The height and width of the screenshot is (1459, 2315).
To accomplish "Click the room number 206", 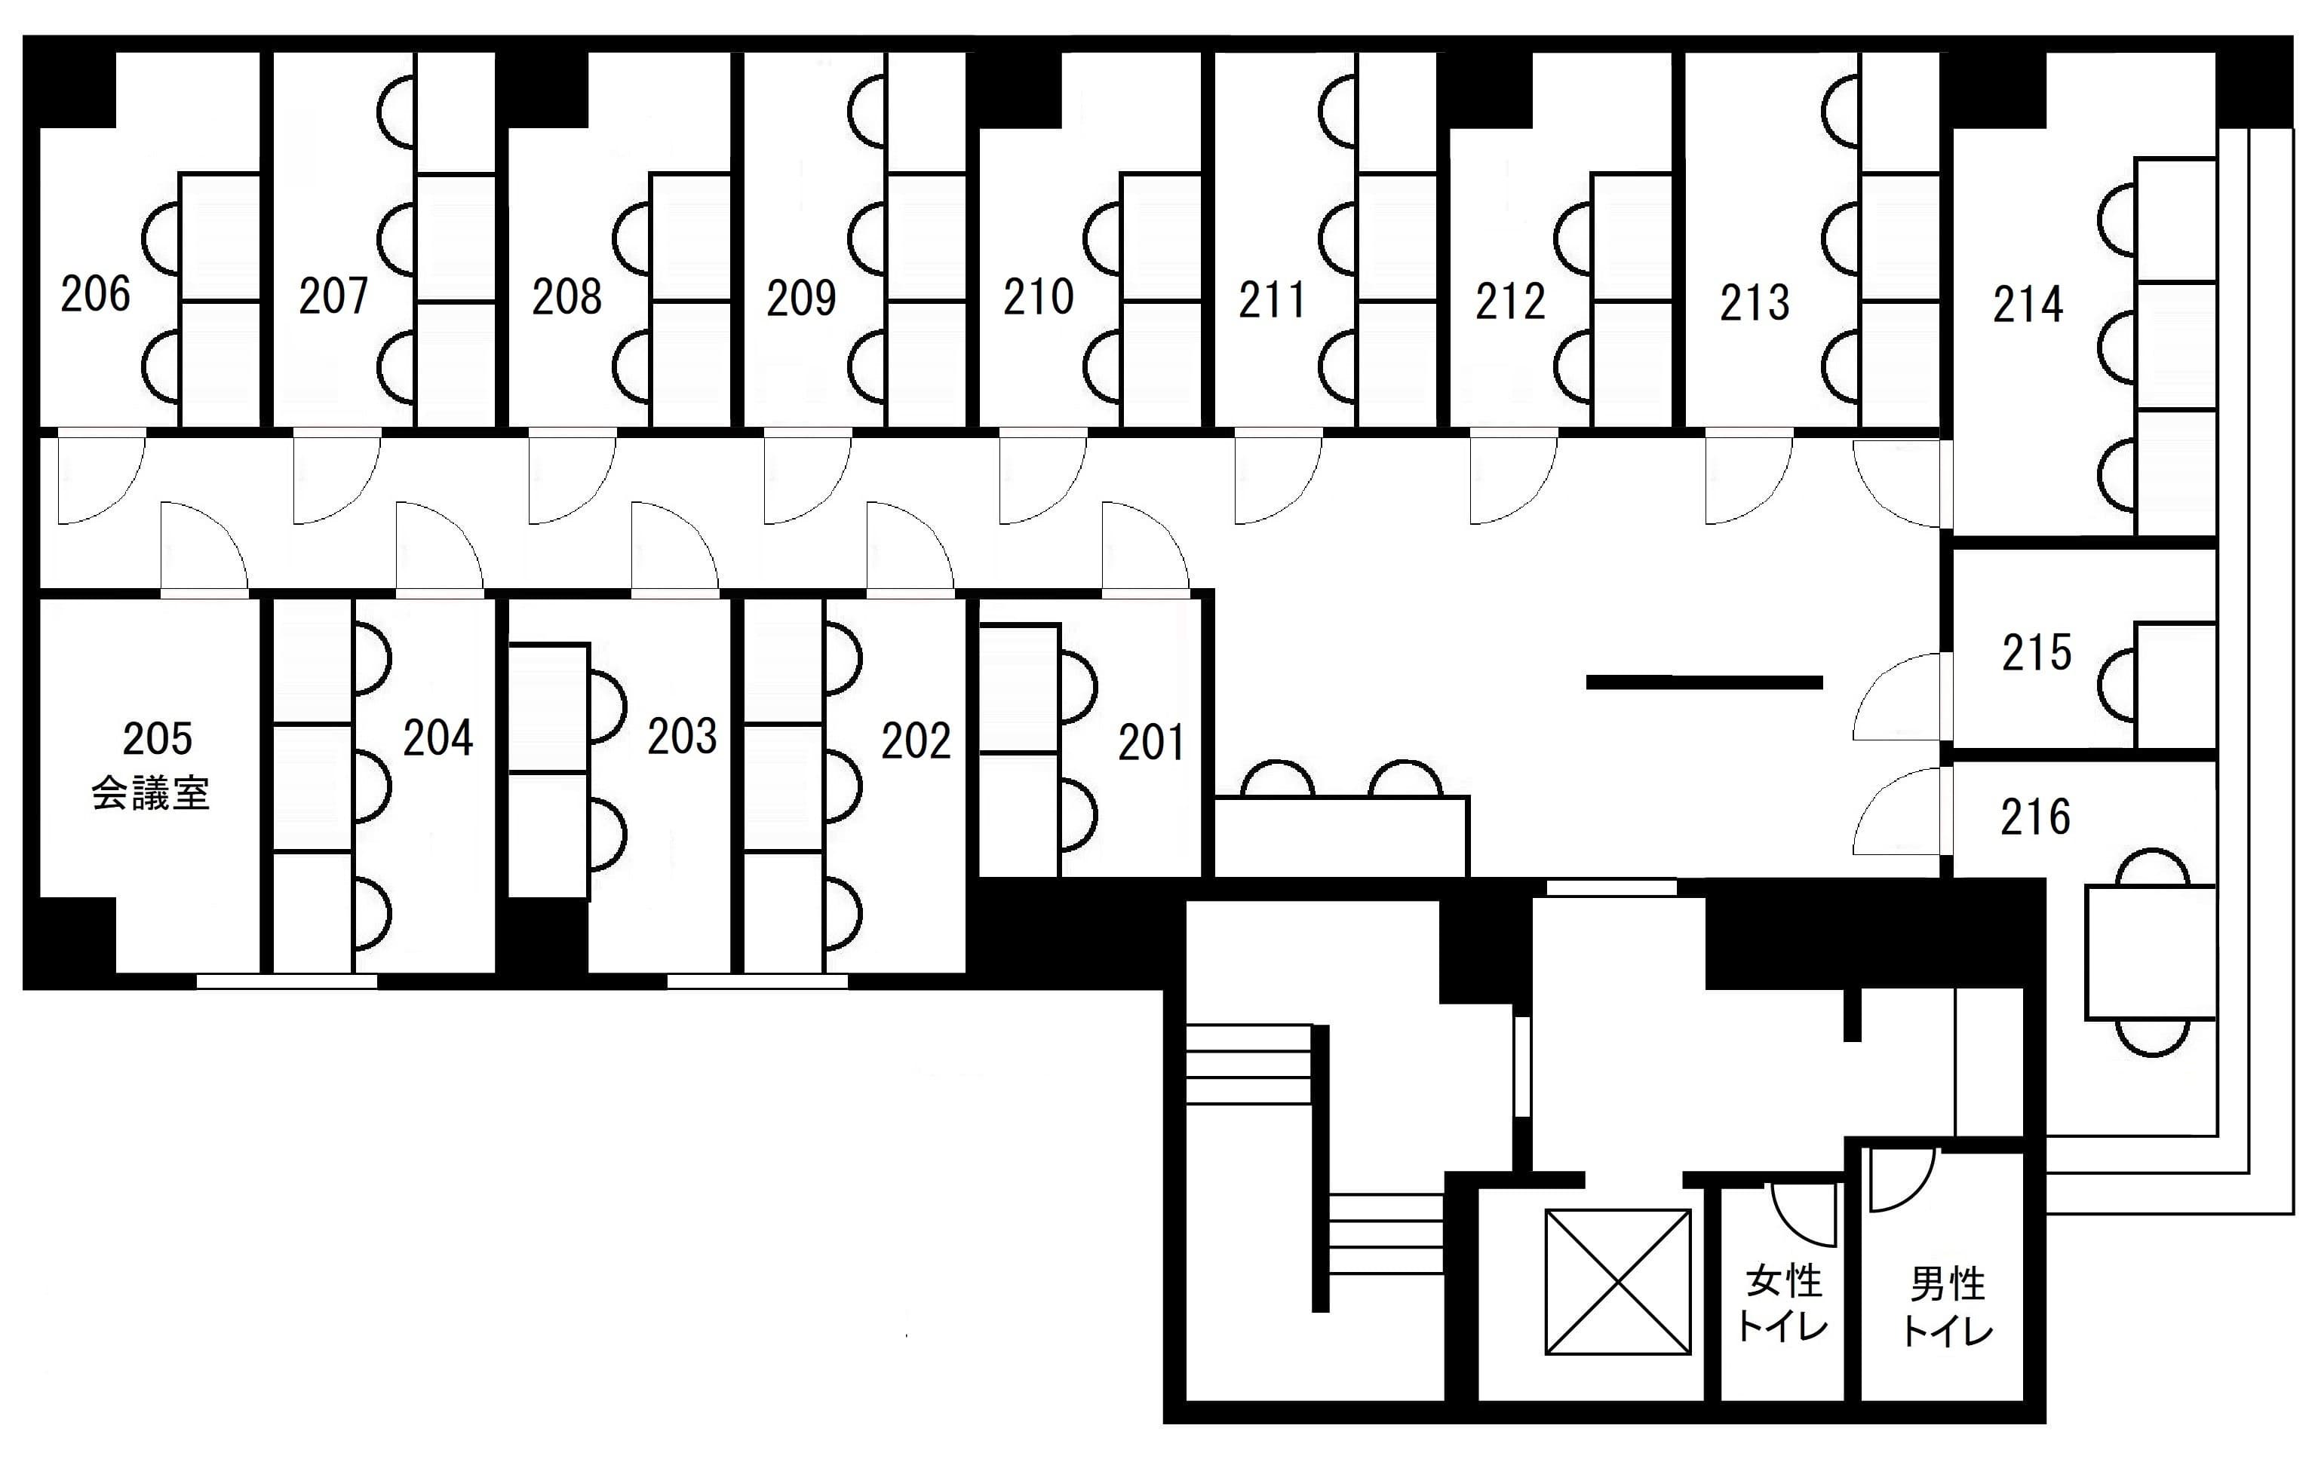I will (x=95, y=294).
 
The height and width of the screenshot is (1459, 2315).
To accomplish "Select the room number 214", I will (x=2028, y=305).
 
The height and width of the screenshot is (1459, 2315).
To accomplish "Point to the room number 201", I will (x=1151, y=742).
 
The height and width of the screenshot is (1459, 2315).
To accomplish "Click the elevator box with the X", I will (x=1617, y=1281).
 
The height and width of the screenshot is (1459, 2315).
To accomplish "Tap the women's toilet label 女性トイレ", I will (x=1783, y=1303).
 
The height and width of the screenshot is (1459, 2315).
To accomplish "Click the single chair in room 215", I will (x=2117, y=685).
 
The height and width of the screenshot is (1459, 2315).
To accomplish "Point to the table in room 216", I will (x=2150, y=952).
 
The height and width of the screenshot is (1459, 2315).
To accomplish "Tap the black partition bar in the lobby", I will (x=1703, y=682).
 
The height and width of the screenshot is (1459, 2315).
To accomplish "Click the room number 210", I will (x=1038, y=297).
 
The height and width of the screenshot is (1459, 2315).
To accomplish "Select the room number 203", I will (x=682, y=736).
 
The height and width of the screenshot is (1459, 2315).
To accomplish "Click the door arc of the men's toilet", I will (x=1901, y=1179).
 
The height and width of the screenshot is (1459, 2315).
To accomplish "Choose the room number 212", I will (x=1510, y=302).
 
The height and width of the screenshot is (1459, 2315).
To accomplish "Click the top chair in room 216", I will (x=2154, y=868).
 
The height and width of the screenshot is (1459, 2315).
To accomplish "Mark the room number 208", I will (x=567, y=297).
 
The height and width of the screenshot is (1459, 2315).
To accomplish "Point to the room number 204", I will (x=438, y=738).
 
